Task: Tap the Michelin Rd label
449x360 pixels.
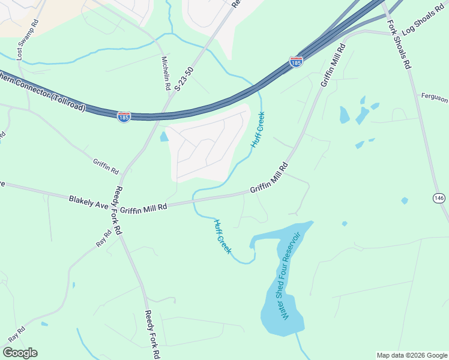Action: pyautogui.click(x=166, y=73)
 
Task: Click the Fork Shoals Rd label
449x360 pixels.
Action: pyautogui.click(x=399, y=45)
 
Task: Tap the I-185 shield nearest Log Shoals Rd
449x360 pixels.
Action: pyautogui.click(x=295, y=61)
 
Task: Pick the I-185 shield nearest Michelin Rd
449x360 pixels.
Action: pyautogui.click(x=124, y=117)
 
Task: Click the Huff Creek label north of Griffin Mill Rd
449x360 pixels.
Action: pyautogui.click(x=258, y=130)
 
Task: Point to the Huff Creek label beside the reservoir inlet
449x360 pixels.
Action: pyautogui.click(x=222, y=236)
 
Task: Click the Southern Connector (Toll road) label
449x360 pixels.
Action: pyautogui.click(x=42, y=93)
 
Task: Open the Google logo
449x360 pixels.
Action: pyautogui.click(x=20, y=352)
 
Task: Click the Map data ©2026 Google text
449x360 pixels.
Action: pyautogui.click(x=412, y=355)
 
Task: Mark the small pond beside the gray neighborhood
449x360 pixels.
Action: pyautogui.click(x=164, y=137)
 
